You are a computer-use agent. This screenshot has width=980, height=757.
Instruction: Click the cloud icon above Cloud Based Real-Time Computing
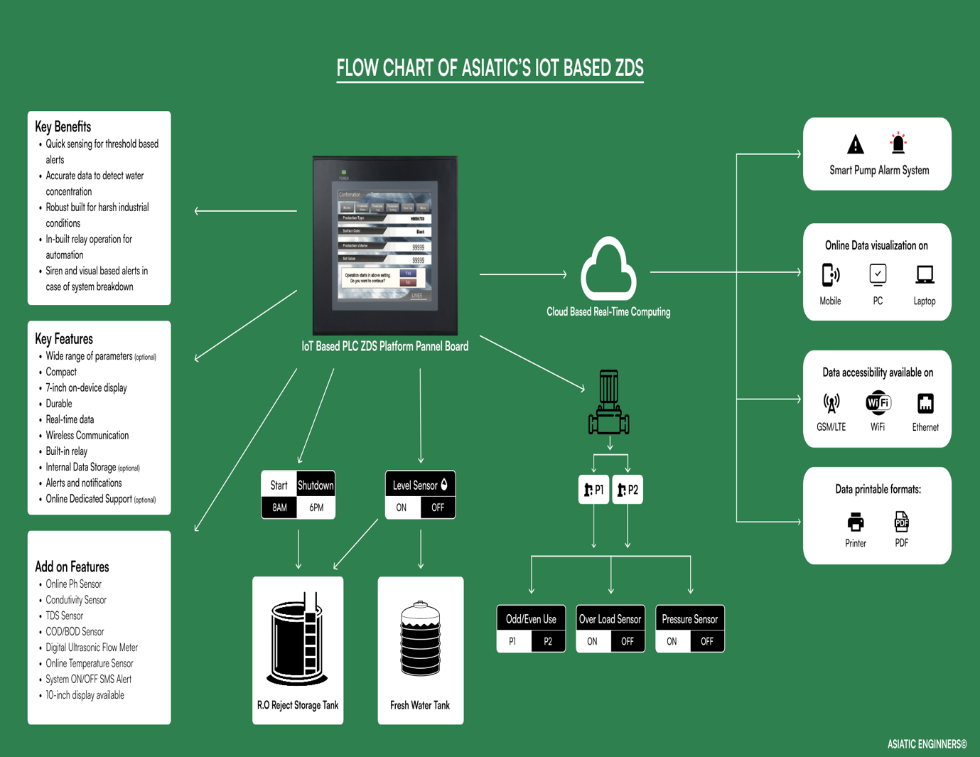pos(608,271)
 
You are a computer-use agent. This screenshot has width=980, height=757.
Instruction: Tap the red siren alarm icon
pos(898,143)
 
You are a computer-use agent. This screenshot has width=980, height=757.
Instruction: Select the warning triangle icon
pos(856,144)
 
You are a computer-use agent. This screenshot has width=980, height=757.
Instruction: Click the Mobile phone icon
pos(830,274)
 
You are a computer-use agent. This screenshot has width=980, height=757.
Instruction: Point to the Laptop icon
pos(925,274)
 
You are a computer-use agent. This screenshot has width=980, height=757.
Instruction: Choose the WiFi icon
pos(878,403)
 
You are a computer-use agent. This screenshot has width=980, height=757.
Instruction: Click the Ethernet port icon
pos(925,403)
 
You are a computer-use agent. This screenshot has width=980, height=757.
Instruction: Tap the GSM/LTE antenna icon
pos(831,403)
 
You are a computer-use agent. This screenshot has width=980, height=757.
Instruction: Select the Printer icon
pos(856,522)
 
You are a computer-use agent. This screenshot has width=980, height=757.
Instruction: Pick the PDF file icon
pos(901,522)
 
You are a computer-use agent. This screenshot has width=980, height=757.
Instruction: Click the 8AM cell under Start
pos(279,508)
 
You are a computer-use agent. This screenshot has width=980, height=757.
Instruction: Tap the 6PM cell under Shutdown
pos(316,508)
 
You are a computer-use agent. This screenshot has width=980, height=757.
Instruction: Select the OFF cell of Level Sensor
pos(438,508)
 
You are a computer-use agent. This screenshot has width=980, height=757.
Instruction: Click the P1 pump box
pos(594,490)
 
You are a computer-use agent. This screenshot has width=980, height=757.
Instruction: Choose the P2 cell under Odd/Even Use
pos(548,641)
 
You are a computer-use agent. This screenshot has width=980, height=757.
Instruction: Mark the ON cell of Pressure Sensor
pos(672,641)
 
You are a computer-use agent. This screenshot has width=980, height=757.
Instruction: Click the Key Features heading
pos(64,339)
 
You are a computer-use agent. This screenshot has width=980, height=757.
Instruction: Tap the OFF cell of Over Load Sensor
pos(628,641)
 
